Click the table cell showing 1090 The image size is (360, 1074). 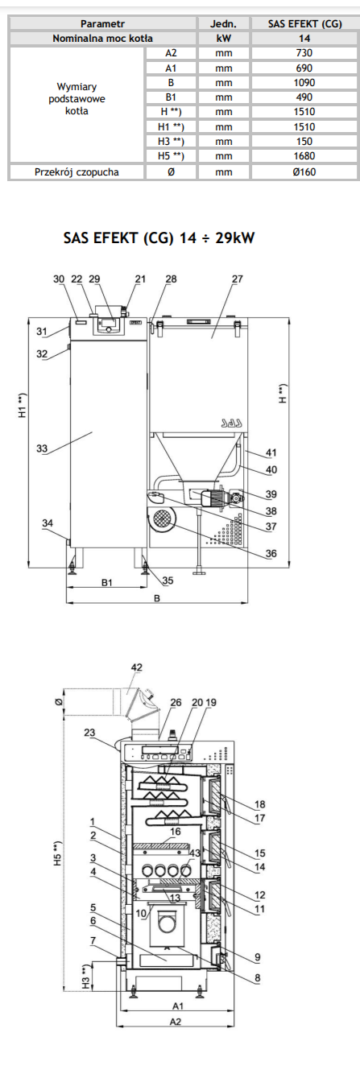click(x=304, y=82)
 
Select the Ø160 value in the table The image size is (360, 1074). click(x=304, y=172)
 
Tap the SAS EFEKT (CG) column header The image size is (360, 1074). click(x=304, y=24)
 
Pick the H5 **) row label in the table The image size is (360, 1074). click(x=171, y=156)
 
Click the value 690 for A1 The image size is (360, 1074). click(x=304, y=68)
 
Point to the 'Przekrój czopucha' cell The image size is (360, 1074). click(x=77, y=172)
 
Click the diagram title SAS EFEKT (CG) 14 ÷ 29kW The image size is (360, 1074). click(x=159, y=238)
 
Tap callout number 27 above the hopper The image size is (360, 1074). click(x=238, y=279)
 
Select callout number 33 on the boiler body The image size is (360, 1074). click(x=42, y=448)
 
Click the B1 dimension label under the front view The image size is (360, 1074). click(x=107, y=582)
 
